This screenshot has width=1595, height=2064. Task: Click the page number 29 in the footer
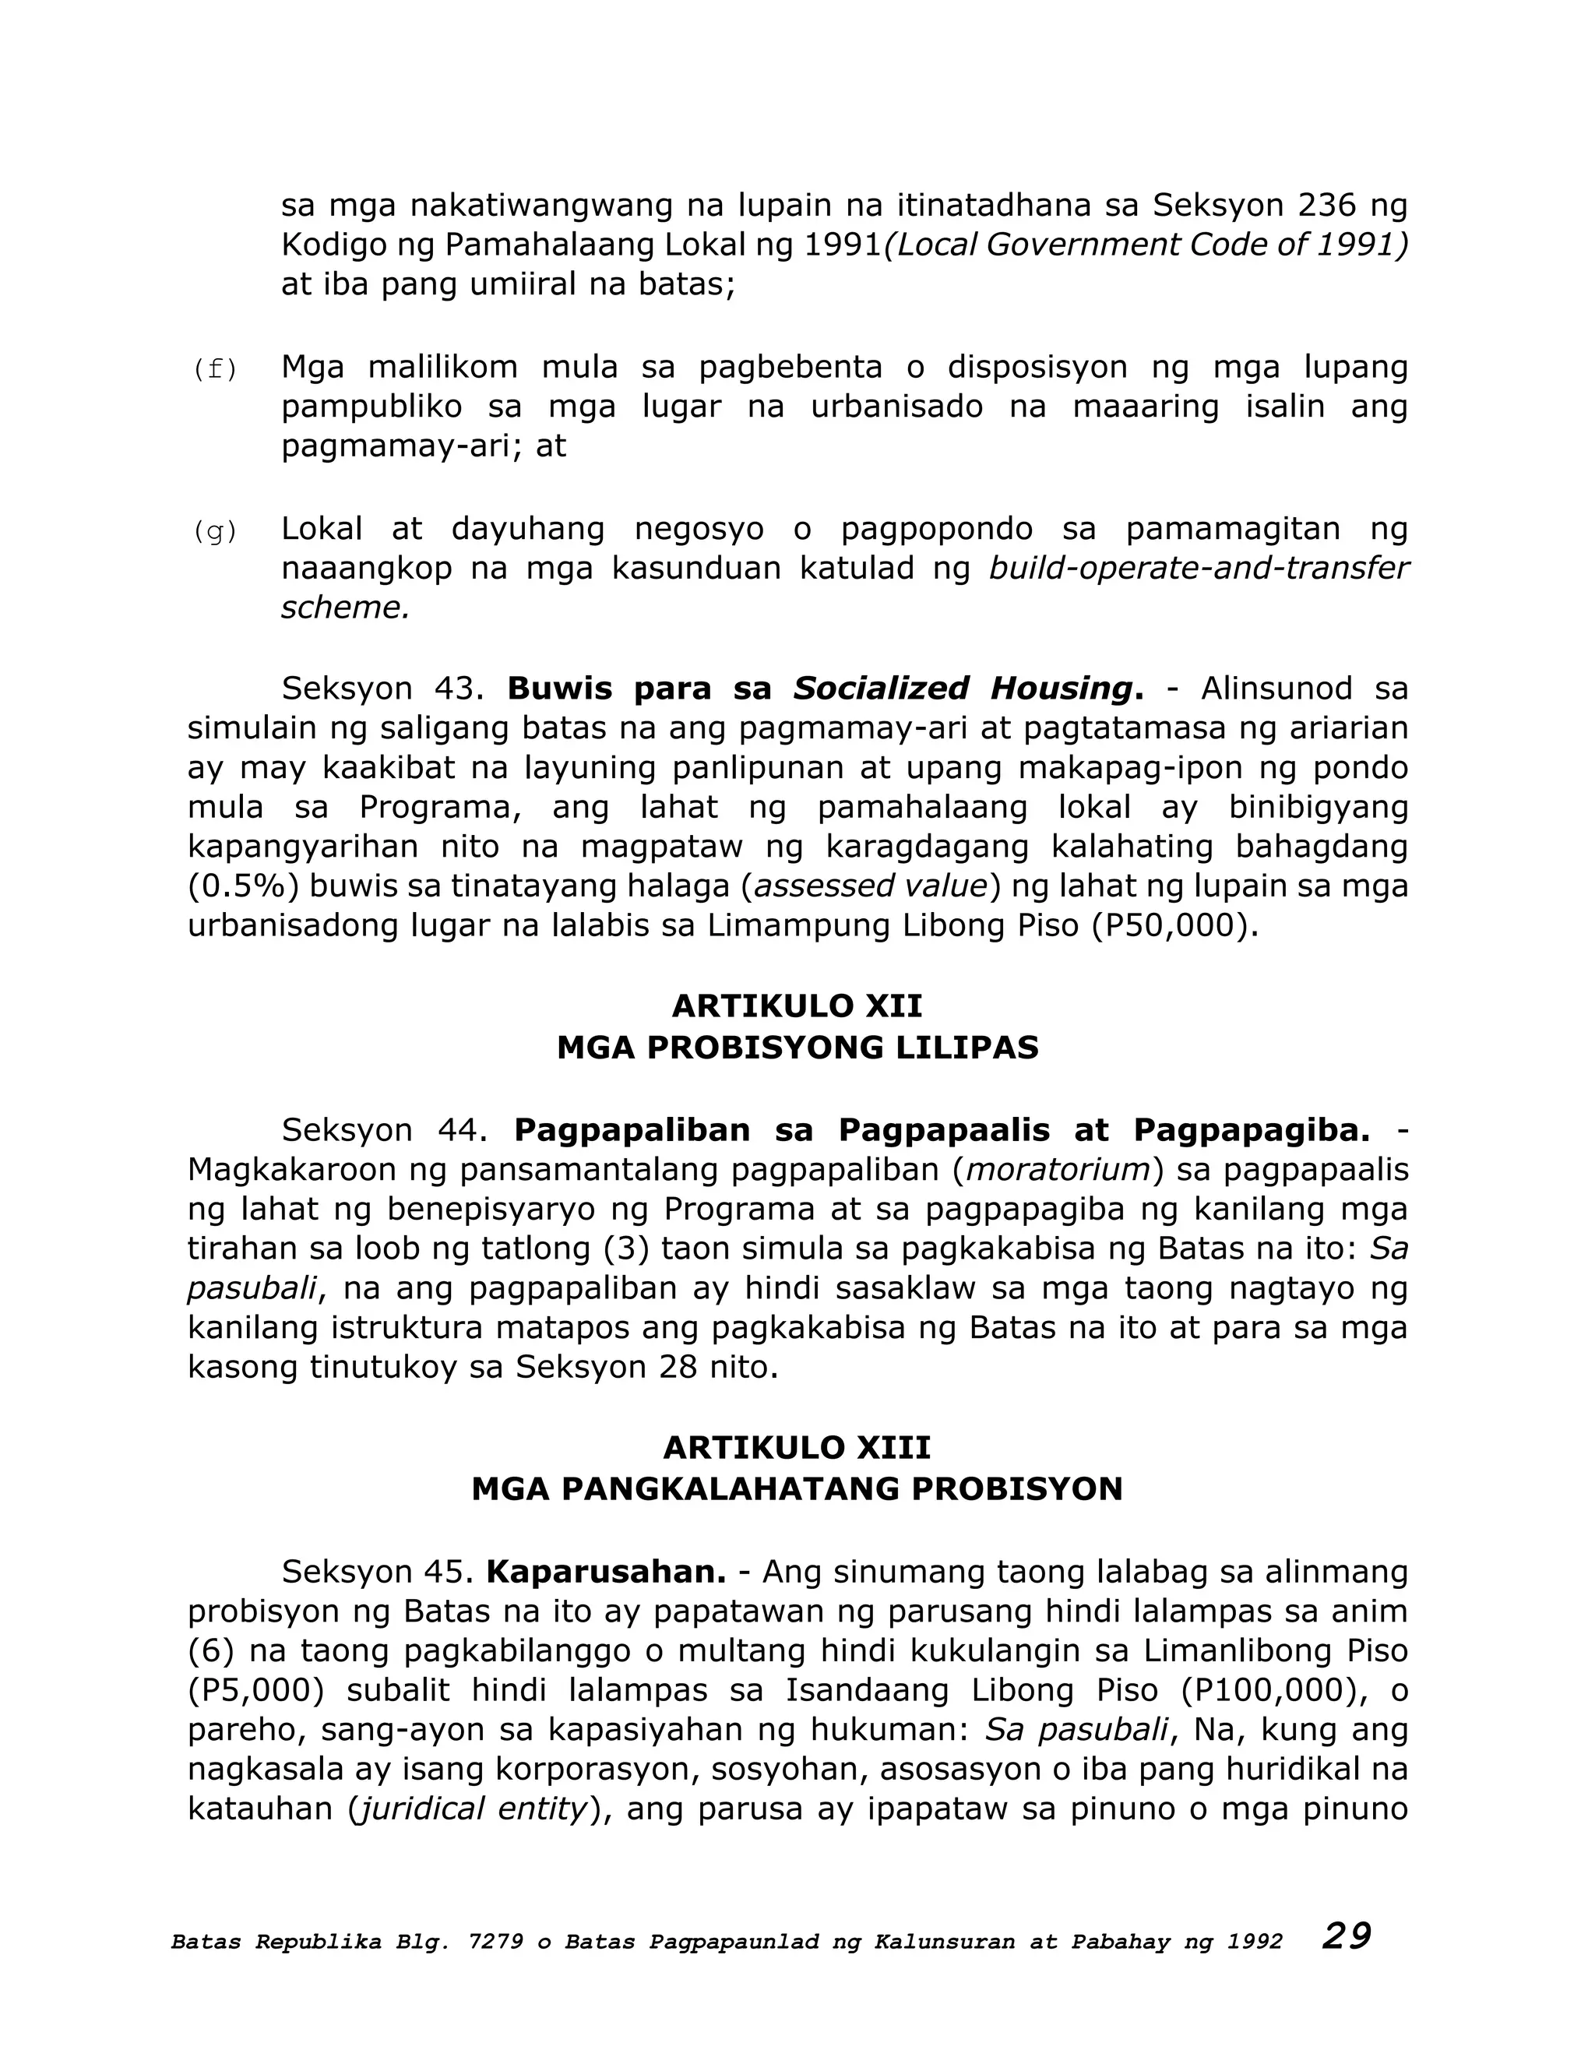tap(1347, 1936)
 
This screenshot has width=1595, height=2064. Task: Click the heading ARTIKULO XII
tap(797, 1006)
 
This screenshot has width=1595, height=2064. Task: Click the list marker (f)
tap(214, 369)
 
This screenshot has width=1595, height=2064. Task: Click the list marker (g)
tap(214, 532)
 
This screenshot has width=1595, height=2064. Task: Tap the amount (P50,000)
tap(1174, 925)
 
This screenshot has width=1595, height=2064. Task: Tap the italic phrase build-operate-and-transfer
tap(1198, 568)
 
